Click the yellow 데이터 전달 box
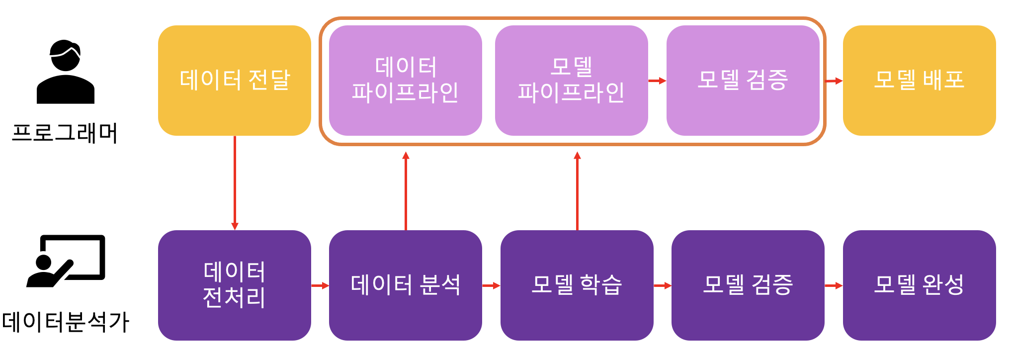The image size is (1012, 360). (x=234, y=81)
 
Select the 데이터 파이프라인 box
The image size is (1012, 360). (x=405, y=81)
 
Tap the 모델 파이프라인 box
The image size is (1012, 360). (x=571, y=81)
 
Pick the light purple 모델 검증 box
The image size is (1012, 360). (x=743, y=81)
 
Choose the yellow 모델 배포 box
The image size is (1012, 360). (x=919, y=81)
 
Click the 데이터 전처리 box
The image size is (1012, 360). (x=234, y=285)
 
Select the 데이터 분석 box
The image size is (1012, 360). (x=405, y=285)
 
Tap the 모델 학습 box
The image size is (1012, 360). (x=577, y=285)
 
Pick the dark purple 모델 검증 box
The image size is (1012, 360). (x=748, y=285)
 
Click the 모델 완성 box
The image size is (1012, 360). (x=919, y=285)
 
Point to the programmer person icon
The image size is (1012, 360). (x=65, y=72)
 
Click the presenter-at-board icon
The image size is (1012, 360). (x=66, y=261)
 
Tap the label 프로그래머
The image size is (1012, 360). (x=65, y=133)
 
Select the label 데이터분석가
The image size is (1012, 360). (x=66, y=322)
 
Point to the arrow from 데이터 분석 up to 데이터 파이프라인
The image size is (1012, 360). (x=406, y=191)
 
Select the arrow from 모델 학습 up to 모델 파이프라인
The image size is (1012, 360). (x=577, y=191)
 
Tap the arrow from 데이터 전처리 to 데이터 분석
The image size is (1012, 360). (x=320, y=285)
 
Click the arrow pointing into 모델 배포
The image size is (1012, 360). (x=834, y=81)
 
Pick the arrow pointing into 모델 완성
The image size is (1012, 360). (x=834, y=285)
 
